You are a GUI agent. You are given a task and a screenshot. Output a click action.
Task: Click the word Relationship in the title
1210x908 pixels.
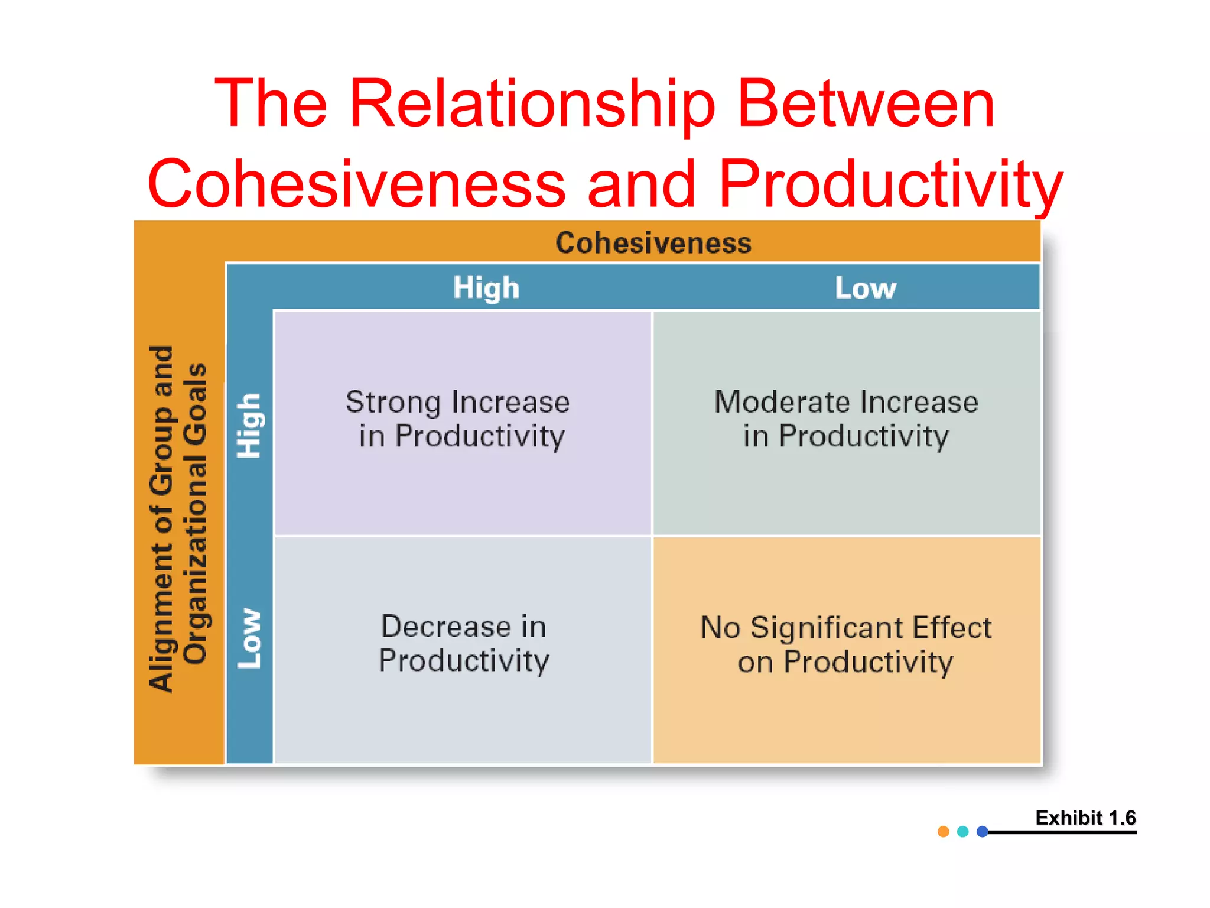(532, 105)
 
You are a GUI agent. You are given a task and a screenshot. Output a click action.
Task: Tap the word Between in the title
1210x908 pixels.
(866, 105)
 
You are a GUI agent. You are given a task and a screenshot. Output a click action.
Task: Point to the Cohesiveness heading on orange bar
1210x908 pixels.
(653, 243)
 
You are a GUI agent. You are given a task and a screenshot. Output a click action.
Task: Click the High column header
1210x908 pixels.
(486, 288)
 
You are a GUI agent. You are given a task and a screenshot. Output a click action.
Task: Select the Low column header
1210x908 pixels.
(865, 288)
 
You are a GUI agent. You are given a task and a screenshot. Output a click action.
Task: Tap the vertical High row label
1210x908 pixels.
(249, 426)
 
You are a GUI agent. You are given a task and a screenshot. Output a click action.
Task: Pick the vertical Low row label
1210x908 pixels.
(249, 638)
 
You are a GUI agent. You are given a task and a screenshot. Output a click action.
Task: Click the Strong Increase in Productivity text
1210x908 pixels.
(458, 419)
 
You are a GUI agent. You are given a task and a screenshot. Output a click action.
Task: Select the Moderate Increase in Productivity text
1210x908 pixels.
(846, 419)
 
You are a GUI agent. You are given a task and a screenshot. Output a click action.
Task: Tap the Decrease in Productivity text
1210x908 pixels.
(464, 643)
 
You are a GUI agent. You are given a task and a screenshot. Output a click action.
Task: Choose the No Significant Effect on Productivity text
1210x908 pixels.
(846, 644)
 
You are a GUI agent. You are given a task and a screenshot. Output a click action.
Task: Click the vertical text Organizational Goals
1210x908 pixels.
(196, 513)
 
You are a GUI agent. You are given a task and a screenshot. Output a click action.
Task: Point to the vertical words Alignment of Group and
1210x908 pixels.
(161, 518)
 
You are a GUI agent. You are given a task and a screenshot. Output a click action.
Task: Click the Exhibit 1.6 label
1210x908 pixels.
(1085, 818)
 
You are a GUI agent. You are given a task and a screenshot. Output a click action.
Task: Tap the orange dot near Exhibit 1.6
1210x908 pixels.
(944, 832)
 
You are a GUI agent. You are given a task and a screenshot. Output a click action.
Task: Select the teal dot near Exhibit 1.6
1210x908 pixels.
(963, 832)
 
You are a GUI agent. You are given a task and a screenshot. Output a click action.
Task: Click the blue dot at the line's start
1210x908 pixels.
(983, 832)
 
